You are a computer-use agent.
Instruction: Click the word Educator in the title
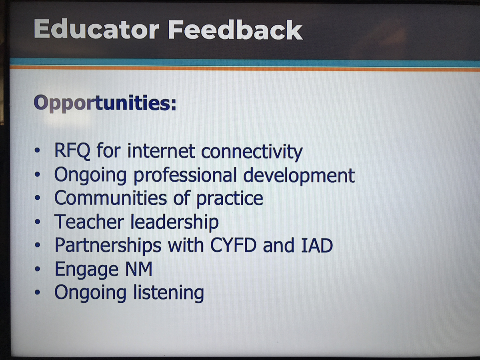(96, 29)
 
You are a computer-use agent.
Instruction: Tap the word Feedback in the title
(235, 30)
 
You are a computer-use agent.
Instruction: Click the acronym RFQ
(72, 151)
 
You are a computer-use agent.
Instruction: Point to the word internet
(161, 151)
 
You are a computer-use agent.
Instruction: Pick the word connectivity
(252, 152)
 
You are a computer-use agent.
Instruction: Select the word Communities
(111, 198)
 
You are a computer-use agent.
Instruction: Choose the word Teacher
(89, 222)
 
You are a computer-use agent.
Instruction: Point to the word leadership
(174, 222)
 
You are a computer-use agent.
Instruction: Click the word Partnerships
(108, 246)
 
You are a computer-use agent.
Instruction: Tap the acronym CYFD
(233, 245)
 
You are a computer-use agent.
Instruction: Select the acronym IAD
(317, 245)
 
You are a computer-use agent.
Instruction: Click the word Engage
(86, 270)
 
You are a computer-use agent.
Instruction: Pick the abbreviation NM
(139, 269)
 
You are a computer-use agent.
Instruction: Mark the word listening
(168, 293)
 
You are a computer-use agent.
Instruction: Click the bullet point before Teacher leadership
(38, 222)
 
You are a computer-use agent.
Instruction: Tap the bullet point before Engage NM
(38, 269)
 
